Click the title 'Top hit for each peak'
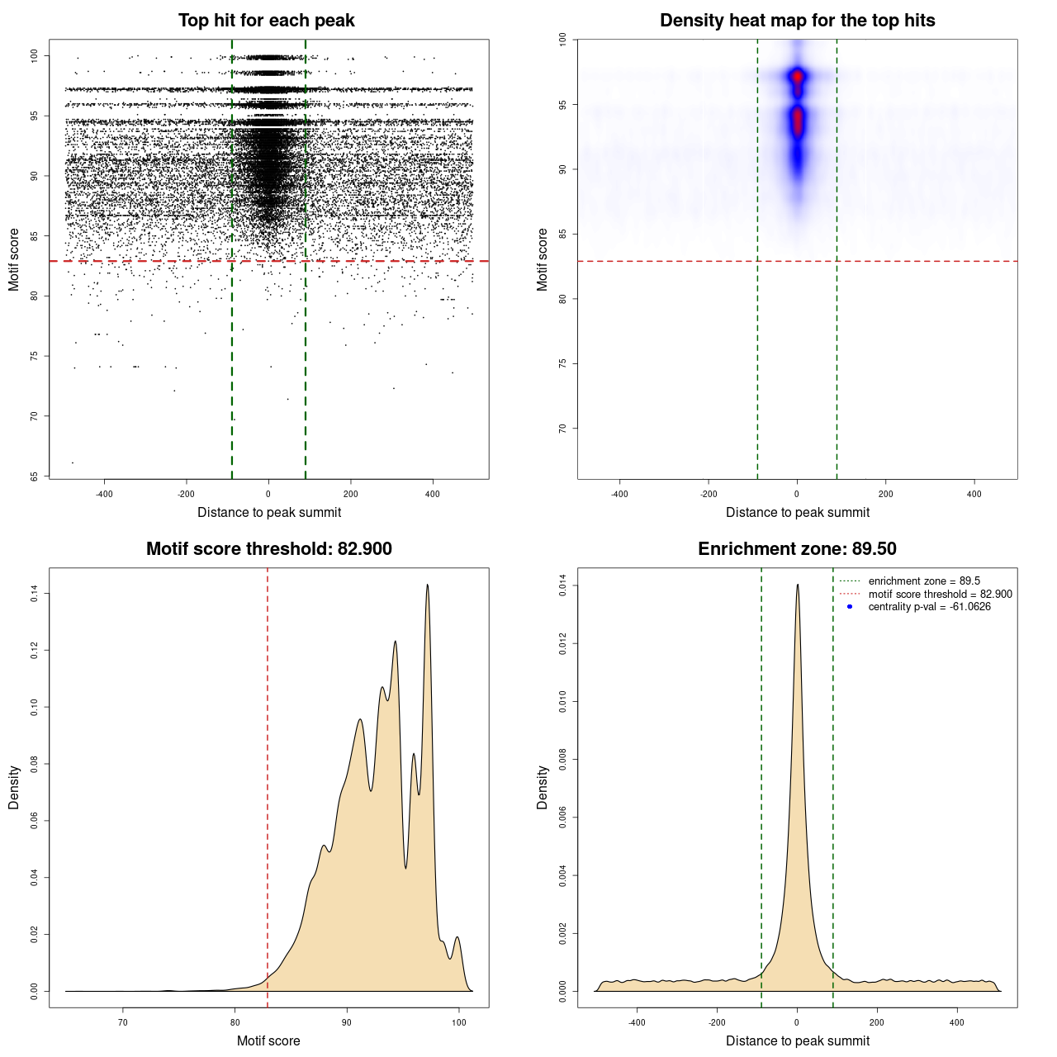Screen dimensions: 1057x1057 point(266,21)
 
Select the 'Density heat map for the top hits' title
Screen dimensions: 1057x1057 point(797,21)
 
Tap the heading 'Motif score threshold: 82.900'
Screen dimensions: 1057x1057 point(268,549)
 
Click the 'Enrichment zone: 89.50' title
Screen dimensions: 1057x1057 point(797,549)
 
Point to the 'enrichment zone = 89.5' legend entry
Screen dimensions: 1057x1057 point(924,581)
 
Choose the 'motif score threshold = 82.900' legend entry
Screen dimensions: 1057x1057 point(940,595)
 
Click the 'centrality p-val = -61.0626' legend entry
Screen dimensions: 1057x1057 point(929,607)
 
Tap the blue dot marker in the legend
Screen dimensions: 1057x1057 point(850,607)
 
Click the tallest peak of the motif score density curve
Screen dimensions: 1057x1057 point(428,585)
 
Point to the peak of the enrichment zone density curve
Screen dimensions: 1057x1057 point(798,585)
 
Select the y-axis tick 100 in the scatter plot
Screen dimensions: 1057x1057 point(35,55)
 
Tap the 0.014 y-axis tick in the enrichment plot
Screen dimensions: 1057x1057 point(563,586)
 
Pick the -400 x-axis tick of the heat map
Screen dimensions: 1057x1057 point(619,494)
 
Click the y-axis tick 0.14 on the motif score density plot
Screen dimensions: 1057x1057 point(35,593)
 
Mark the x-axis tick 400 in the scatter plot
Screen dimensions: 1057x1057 point(433,494)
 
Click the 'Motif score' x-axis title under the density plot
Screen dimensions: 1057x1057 point(268,1040)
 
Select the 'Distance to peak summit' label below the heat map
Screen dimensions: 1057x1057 point(798,512)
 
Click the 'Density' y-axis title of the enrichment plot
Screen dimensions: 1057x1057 point(543,787)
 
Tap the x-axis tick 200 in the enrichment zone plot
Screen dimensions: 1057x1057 point(877,1022)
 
